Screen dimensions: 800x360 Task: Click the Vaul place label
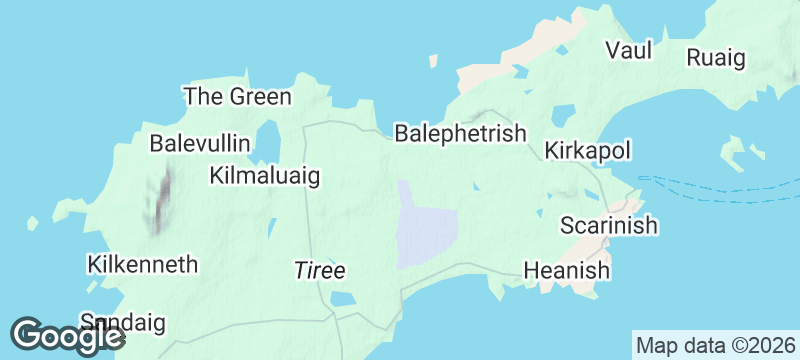[x=629, y=50]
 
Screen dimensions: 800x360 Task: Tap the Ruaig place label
[x=716, y=58]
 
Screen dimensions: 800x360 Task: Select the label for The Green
[x=237, y=97]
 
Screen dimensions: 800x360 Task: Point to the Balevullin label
[x=200, y=143]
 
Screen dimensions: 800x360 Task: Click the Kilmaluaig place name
[x=265, y=176]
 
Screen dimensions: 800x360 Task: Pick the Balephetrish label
[x=460, y=133]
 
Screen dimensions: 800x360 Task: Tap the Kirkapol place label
[x=588, y=151]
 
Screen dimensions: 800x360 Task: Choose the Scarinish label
[x=608, y=225]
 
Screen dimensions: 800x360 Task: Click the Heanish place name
[x=567, y=270]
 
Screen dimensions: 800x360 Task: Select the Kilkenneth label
[x=142, y=265]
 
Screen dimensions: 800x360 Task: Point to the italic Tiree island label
[x=319, y=271]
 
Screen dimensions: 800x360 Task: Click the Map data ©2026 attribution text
[x=716, y=346]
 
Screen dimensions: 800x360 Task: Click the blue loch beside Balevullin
[x=267, y=142]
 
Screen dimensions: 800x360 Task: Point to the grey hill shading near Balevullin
[x=160, y=200]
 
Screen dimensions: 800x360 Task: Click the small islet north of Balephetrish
[x=432, y=61]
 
